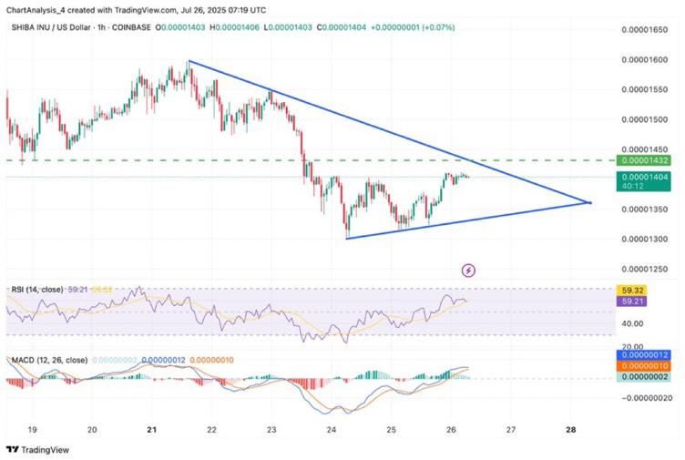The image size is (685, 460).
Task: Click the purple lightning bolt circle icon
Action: [469, 270]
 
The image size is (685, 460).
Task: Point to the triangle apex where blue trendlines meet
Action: [591, 202]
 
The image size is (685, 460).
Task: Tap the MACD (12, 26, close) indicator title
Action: [46, 361]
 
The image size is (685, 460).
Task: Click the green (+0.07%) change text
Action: [437, 28]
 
